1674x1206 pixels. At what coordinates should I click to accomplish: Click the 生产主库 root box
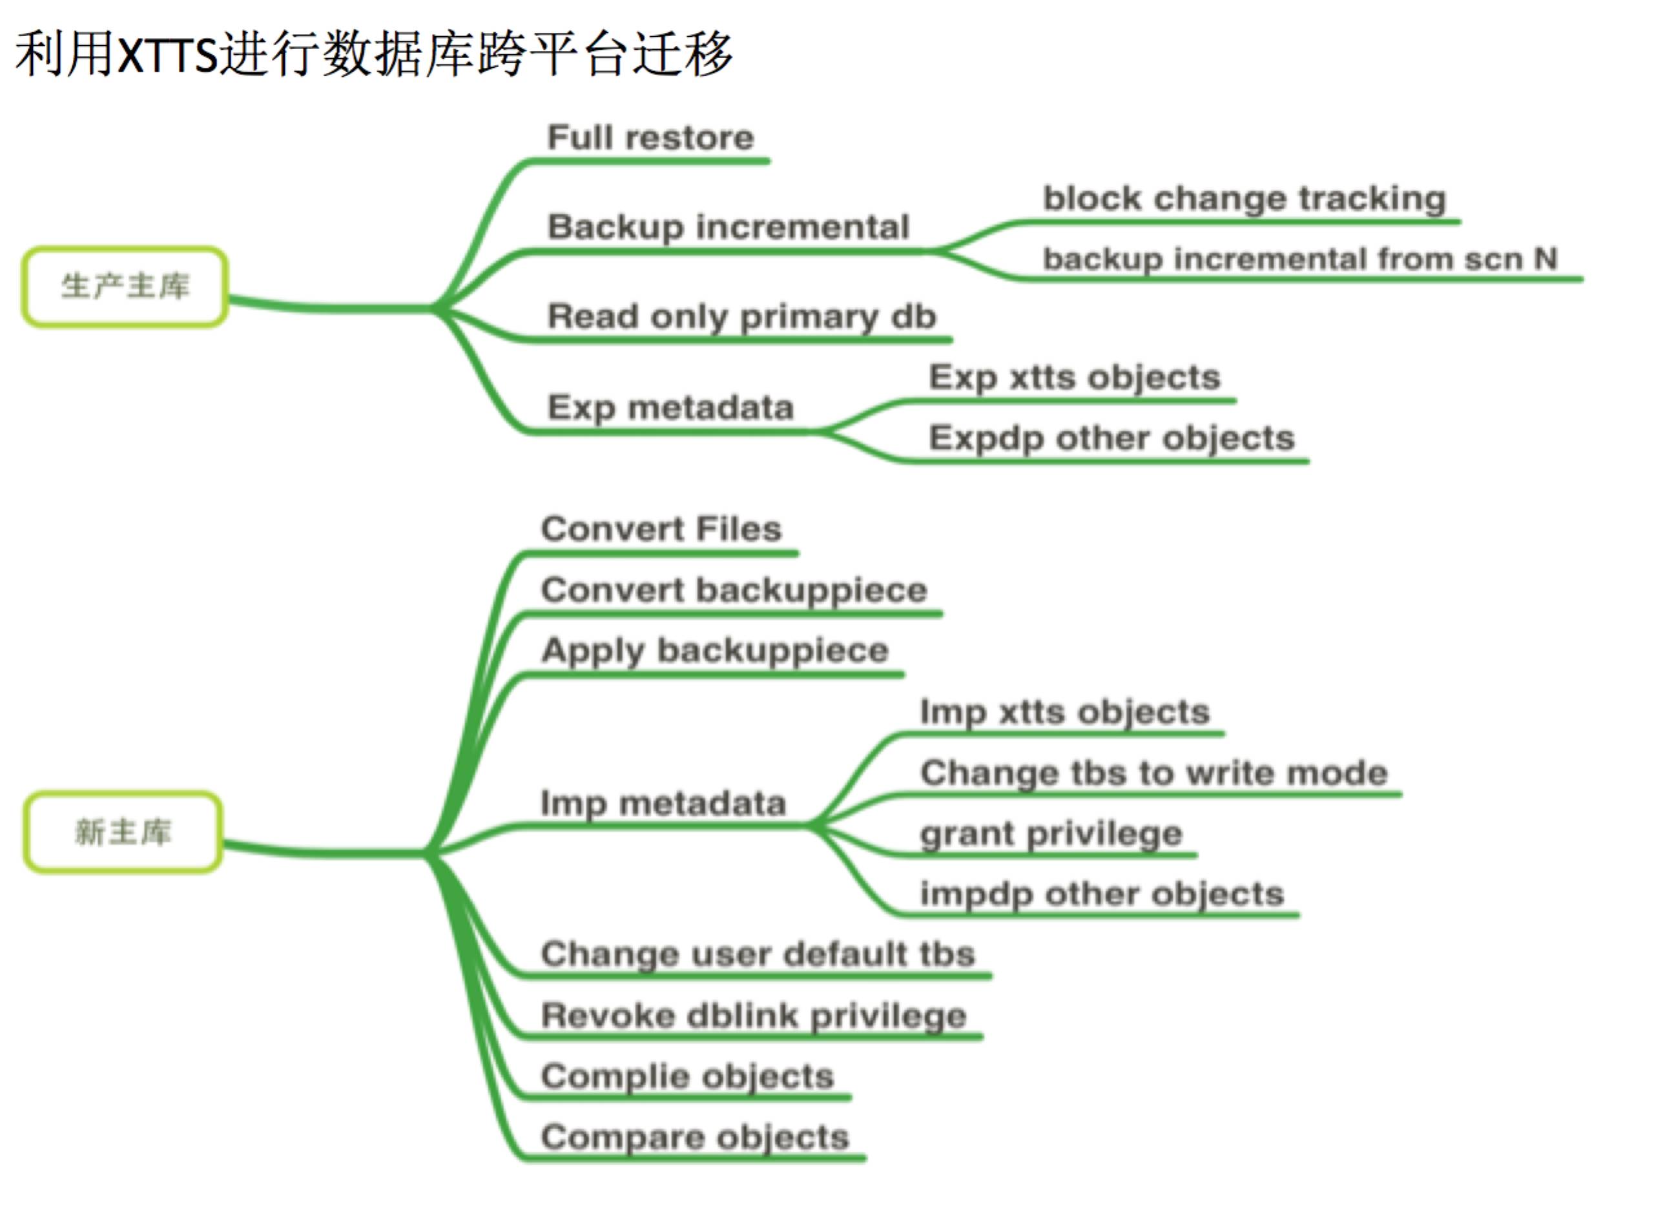tap(125, 287)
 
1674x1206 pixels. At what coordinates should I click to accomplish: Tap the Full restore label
tap(650, 138)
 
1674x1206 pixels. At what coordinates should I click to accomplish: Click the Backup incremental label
tap(728, 227)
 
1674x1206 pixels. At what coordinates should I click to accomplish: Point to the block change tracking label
tap(1244, 199)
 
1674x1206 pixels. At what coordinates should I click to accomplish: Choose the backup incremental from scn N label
tap(1300, 259)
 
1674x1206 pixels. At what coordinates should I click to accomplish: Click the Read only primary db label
tap(742, 316)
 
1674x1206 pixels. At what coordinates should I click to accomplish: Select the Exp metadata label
tap(670, 407)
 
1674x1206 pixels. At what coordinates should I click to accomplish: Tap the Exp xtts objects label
tap(1074, 377)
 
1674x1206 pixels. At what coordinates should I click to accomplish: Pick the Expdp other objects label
tap(1111, 438)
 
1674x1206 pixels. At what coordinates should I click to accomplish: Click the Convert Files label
tap(661, 529)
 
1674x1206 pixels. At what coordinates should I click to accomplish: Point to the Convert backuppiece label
tap(734, 591)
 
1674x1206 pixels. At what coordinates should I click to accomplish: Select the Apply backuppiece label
tap(714, 651)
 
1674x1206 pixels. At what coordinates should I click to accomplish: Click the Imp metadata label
tap(663, 803)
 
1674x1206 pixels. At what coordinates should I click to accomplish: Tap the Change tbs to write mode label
tap(1153, 773)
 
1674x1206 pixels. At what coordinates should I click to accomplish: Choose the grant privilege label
tap(1051, 834)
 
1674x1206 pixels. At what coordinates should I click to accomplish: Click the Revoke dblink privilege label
tap(754, 1016)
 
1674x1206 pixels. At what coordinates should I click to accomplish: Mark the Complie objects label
tap(687, 1076)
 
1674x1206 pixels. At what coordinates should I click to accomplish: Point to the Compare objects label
tap(694, 1138)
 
